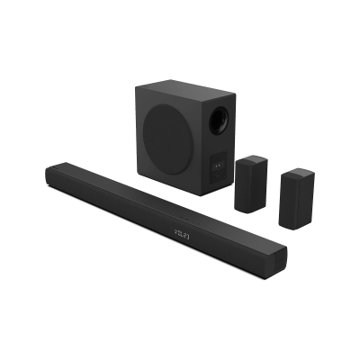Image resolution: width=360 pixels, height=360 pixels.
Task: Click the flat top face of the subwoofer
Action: pos(184,90)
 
